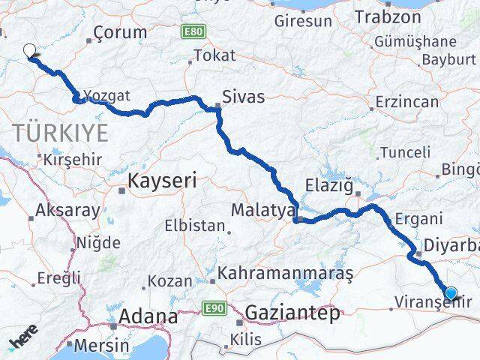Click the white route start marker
(x=29, y=51)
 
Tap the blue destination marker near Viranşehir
(x=451, y=293)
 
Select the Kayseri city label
(x=162, y=181)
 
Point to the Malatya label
(x=262, y=210)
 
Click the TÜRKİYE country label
(x=61, y=134)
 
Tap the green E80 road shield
(x=192, y=31)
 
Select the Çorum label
(x=118, y=34)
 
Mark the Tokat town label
(x=214, y=55)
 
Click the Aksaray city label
(x=68, y=210)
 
